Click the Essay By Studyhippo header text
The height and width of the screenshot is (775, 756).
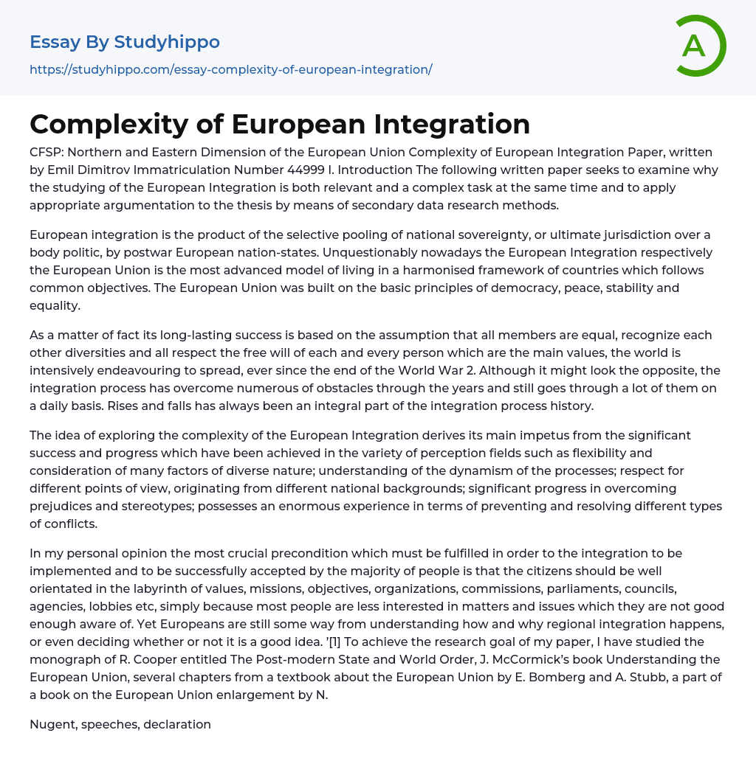click(125, 42)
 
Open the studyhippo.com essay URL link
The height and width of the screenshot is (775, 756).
click(230, 69)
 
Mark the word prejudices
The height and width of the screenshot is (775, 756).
click(64, 506)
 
